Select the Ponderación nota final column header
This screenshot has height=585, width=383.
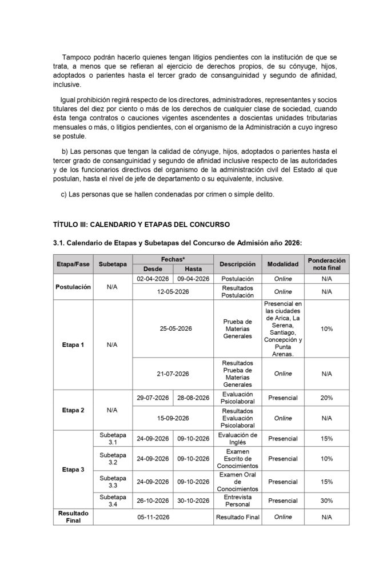pyautogui.click(x=326, y=264)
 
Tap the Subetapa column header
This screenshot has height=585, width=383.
pyautogui.click(x=113, y=265)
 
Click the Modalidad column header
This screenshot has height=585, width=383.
pyautogui.click(x=283, y=265)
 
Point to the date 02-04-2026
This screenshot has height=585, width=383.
pyautogui.click(x=153, y=279)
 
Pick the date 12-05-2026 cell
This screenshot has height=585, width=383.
pyautogui.click(x=173, y=291)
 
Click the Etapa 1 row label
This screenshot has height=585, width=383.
pyautogui.click(x=73, y=345)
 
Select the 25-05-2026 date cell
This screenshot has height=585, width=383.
pyautogui.click(x=173, y=328)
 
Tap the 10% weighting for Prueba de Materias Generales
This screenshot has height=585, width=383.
pyautogui.click(x=326, y=328)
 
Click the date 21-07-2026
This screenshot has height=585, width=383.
pyautogui.click(x=173, y=374)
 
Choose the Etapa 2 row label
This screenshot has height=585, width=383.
pyautogui.click(x=73, y=410)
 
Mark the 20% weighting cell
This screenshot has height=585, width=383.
pyautogui.click(x=326, y=398)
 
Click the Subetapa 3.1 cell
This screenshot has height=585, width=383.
pyautogui.click(x=113, y=439)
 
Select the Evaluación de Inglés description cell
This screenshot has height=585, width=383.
pyautogui.click(x=238, y=439)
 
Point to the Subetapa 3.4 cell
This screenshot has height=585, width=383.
pyautogui.click(x=113, y=500)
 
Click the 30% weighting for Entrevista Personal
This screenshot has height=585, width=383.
pyautogui.click(x=326, y=500)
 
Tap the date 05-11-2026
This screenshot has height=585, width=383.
pyautogui.click(x=153, y=517)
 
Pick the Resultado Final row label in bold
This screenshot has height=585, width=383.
pyautogui.click(x=73, y=517)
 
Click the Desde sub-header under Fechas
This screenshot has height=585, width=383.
pyautogui.click(x=153, y=269)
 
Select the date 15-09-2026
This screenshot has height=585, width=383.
pyautogui.click(x=173, y=418)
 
